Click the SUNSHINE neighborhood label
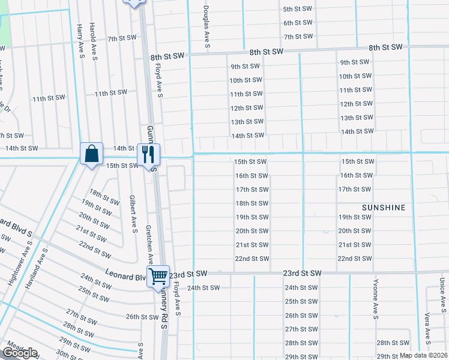[x=384, y=208]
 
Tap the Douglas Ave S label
[x=206, y=27]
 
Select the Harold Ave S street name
[x=93, y=38]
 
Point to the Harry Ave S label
[x=79, y=38]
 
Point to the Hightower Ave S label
[x=15, y=266]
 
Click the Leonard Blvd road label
[x=127, y=277]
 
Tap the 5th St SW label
[x=298, y=9]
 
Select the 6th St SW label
[x=298, y=23]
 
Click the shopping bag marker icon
[x=91, y=154]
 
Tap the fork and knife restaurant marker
[x=148, y=155]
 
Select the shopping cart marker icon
[x=158, y=277]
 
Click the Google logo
[x=20, y=353]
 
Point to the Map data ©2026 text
[x=423, y=355]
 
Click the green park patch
[x=5, y=30]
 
